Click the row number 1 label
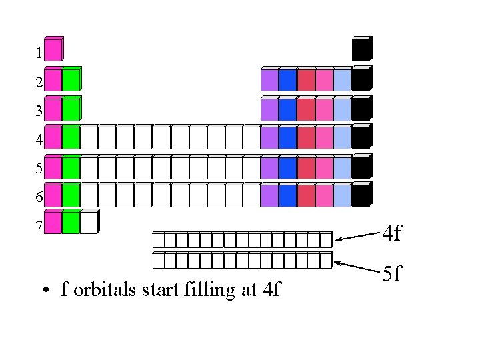(x=39, y=52)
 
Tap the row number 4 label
(x=39, y=140)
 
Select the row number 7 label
(x=39, y=226)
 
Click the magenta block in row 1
(x=53, y=50)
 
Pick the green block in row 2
(x=71, y=79)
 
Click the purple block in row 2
(x=269, y=79)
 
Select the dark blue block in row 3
(x=287, y=109)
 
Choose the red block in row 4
(x=305, y=137)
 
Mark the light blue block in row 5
(x=341, y=167)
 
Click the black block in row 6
(x=361, y=195)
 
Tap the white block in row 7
(x=89, y=223)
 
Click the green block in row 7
(x=71, y=223)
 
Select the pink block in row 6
(x=323, y=195)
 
